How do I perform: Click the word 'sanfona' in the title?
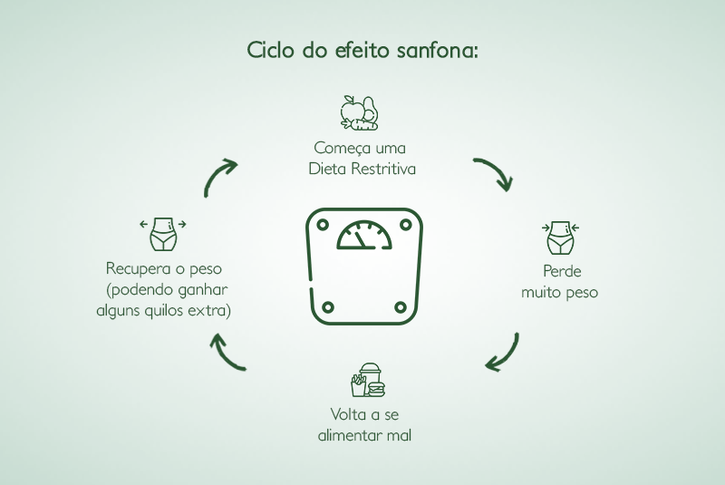click(x=438, y=50)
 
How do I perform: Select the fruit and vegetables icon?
click(x=359, y=112)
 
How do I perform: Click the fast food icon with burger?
click(x=368, y=380)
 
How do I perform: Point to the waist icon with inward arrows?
click(x=560, y=238)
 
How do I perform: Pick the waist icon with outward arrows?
click(x=163, y=234)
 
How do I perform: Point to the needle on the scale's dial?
click(x=361, y=239)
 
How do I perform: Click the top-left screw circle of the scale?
click(x=323, y=225)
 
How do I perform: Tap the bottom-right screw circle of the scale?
click(x=401, y=307)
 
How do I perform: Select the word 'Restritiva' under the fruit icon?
click(x=382, y=169)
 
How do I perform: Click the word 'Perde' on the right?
click(x=562, y=271)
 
